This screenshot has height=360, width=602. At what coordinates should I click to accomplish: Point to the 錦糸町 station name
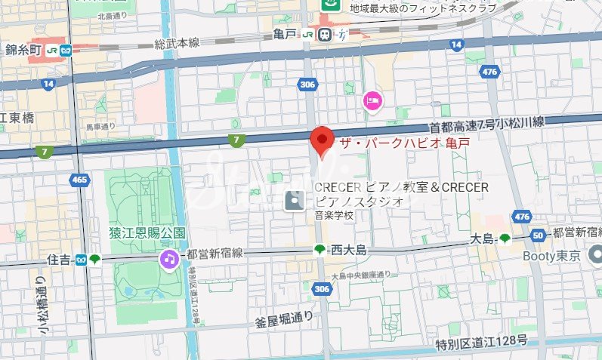tap(23, 51)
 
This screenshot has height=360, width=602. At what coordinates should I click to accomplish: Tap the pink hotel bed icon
tap(371, 100)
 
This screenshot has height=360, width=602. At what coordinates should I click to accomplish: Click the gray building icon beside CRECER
tap(295, 200)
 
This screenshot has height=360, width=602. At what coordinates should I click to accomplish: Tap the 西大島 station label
tap(348, 250)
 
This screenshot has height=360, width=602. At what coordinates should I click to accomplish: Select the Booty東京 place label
tap(551, 257)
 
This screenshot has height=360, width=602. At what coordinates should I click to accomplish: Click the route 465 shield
tap(79, 180)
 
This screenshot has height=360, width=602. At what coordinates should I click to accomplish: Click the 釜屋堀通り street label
tap(284, 319)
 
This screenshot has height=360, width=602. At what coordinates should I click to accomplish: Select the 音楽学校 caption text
tap(335, 215)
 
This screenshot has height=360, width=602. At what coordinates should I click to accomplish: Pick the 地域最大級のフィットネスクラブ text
tap(423, 8)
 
